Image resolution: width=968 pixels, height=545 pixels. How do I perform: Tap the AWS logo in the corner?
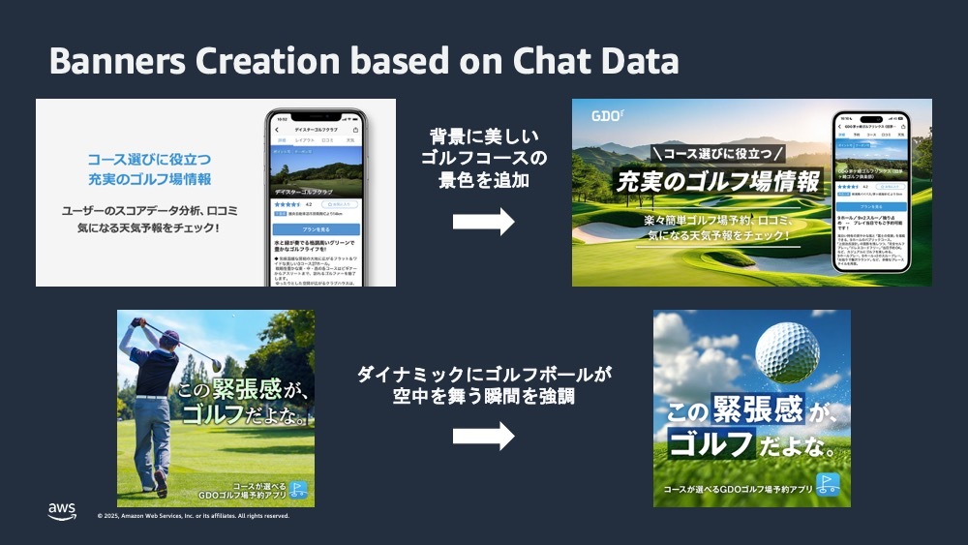click(x=62, y=511)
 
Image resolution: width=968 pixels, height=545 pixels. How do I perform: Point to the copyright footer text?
click(x=193, y=516)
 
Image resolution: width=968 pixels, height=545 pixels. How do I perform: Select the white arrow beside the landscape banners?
click(x=483, y=222)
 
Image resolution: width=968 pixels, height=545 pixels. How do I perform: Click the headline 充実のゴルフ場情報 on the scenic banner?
click(x=716, y=181)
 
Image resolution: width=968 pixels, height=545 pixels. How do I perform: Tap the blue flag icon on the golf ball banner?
click(x=827, y=483)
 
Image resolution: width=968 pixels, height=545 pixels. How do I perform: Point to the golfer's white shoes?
click(x=159, y=484)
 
